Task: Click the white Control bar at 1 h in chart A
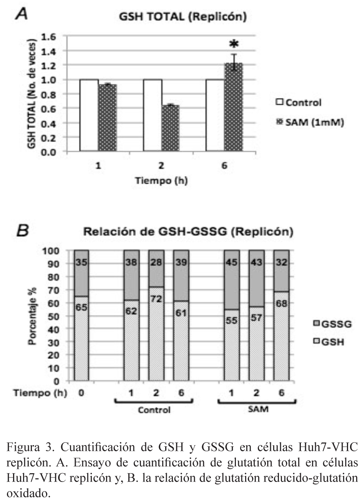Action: tap(89, 115)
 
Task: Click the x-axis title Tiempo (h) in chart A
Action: tap(161, 180)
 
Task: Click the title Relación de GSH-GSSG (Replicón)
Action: tap(188, 232)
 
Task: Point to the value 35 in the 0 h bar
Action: tap(81, 263)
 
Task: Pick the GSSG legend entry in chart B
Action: tap(336, 325)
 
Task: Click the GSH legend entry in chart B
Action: tap(333, 342)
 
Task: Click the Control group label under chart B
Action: tap(154, 410)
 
